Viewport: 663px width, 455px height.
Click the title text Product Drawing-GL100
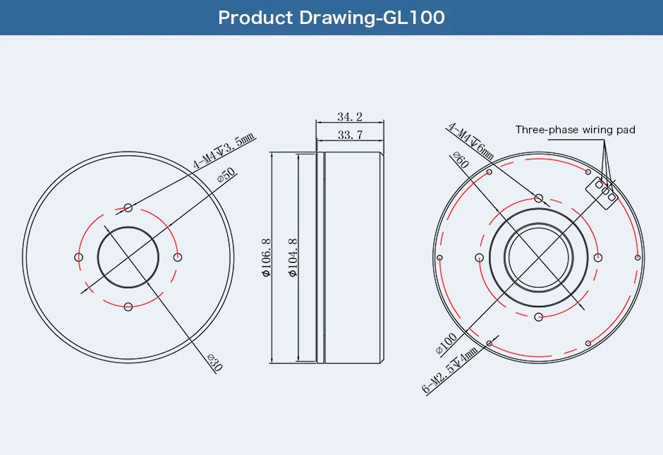[x=331, y=18]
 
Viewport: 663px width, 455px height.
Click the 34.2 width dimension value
[x=350, y=116]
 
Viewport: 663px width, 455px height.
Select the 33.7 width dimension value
[x=350, y=135]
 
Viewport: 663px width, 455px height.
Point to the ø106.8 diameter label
[x=266, y=257]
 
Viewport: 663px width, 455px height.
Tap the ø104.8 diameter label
[x=293, y=257]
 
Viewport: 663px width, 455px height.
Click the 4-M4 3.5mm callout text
[x=224, y=153]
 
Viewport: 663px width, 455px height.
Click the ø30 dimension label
[x=214, y=363]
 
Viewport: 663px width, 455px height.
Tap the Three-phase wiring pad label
[x=575, y=130]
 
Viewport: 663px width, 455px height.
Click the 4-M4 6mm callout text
[x=470, y=141]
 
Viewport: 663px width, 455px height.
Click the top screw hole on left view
[x=128, y=207]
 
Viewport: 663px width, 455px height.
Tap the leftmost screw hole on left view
[x=78, y=257]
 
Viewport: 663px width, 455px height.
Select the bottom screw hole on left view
[x=128, y=306]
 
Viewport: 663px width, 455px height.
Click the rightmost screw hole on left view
[x=177, y=257]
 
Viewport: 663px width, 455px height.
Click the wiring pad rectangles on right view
[x=602, y=190]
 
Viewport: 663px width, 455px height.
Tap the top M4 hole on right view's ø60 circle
[x=539, y=198]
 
